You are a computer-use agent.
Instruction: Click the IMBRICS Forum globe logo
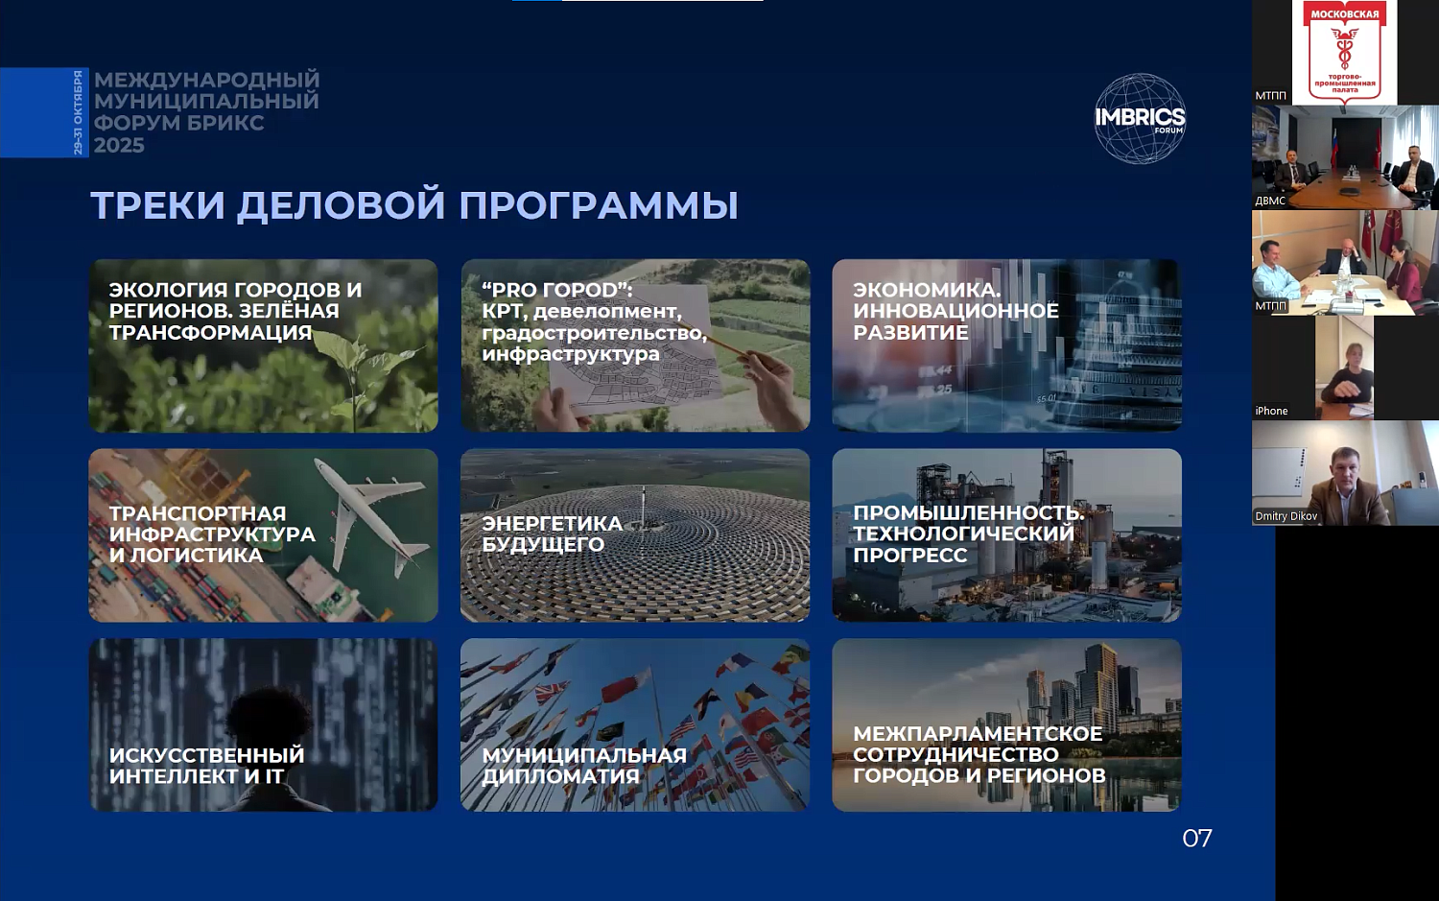(x=1140, y=119)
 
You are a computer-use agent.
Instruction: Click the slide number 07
(x=1196, y=839)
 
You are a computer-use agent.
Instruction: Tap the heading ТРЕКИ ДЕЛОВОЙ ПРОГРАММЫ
(x=414, y=205)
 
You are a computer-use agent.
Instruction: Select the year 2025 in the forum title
(x=119, y=146)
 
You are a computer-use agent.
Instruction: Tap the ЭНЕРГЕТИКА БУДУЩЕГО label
(x=552, y=533)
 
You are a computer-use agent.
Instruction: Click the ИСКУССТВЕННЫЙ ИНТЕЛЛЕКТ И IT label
(x=206, y=766)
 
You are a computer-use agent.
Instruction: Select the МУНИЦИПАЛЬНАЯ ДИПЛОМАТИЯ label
(x=583, y=766)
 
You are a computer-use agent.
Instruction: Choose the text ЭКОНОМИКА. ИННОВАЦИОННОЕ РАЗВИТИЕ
(x=955, y=311)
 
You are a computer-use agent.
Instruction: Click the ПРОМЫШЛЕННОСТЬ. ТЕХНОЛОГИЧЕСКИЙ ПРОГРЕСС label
(x=967, y=533)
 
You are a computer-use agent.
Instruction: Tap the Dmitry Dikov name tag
(x=1286, y=516)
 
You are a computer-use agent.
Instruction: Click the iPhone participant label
(x=1271, y=411)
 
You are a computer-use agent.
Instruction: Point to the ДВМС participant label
(x=1270, y=201)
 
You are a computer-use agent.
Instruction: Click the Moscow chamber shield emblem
(x=1344, y=53)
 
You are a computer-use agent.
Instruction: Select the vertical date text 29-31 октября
(x=79, y=112)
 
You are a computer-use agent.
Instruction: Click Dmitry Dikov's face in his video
(x=1346, y=466)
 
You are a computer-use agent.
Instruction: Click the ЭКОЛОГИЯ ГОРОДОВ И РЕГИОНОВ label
(x=235, y=311)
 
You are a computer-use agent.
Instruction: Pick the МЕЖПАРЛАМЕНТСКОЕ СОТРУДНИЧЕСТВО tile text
(x=979, y=754)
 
